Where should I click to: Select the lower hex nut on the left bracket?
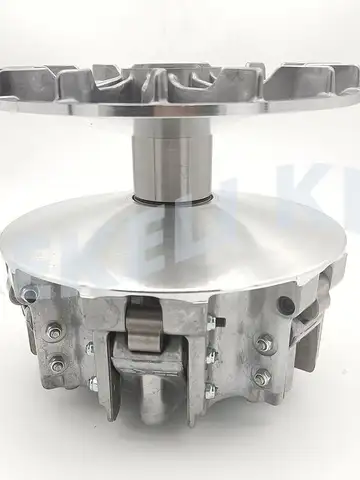pos(58,365)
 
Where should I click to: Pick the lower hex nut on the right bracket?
pos(262,377)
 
